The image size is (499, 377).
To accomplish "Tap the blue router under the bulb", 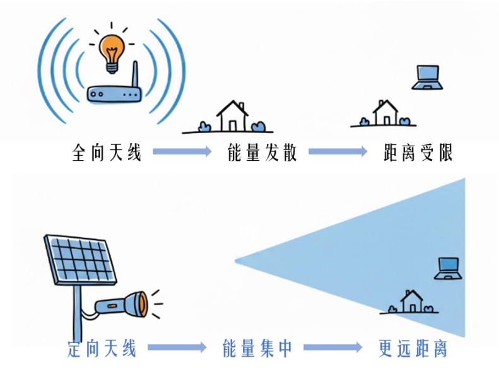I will [x=113, y=94].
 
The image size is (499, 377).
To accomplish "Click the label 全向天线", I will [x=107, y=152].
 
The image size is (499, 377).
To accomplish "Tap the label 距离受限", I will [x=418, y=152].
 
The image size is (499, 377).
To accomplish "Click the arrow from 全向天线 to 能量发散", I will [x=181, y=151].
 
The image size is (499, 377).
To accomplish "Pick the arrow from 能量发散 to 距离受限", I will [x=337, y=151].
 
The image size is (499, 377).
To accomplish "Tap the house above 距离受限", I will [x=384, y=113].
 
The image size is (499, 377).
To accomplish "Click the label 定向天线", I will [x=102, y=348].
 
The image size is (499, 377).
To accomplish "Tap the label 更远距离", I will [x=413, y=348].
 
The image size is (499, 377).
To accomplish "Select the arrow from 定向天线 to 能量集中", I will [x=177, y=347].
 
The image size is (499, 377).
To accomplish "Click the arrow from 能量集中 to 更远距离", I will [x=332, y=347].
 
